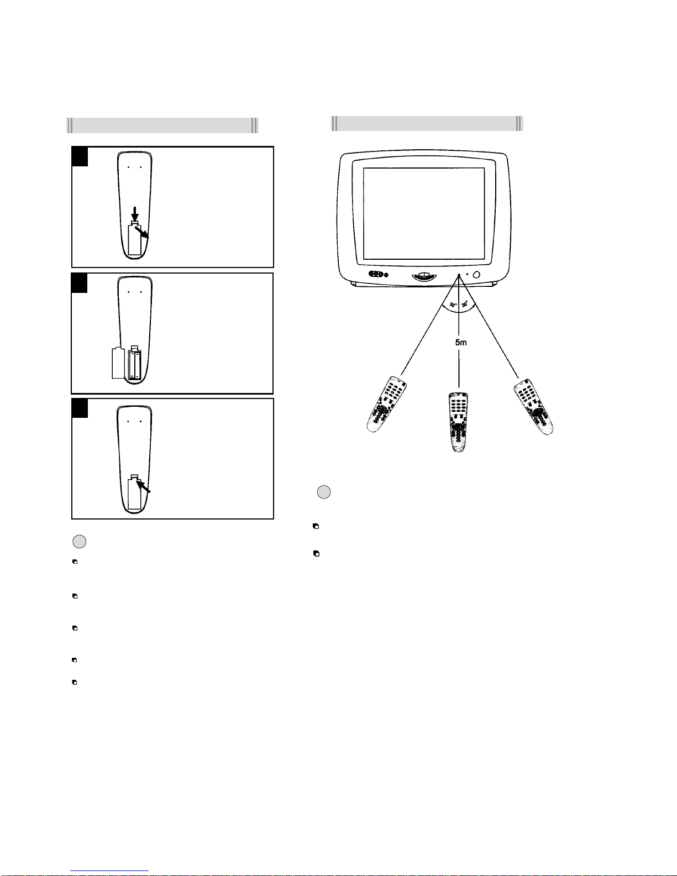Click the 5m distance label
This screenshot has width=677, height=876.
pos(461,342)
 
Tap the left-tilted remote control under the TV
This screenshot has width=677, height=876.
pos(386,405)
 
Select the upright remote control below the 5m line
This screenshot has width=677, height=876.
pos(458,422)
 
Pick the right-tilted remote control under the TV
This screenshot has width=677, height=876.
pos(533,406)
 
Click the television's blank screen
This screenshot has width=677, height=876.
pos(424,214)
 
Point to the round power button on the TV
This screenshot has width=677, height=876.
pos(476,275)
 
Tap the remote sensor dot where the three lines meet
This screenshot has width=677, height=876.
pos(459,275)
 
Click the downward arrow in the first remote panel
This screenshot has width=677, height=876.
pos(135,214)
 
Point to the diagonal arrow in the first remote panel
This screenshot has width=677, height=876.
pos(141,232)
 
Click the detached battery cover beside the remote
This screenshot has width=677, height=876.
pos(118,363)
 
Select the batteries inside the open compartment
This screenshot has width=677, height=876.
pos(135,365)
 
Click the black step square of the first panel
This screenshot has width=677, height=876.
pos(80,156)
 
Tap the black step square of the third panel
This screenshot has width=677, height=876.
pos(80,408)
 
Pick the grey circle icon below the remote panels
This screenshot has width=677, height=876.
pos(80,542)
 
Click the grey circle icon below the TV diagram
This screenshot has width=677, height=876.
pos(324,492)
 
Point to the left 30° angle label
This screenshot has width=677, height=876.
pos(453,305)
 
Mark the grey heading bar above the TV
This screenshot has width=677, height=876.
pos(427,123)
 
